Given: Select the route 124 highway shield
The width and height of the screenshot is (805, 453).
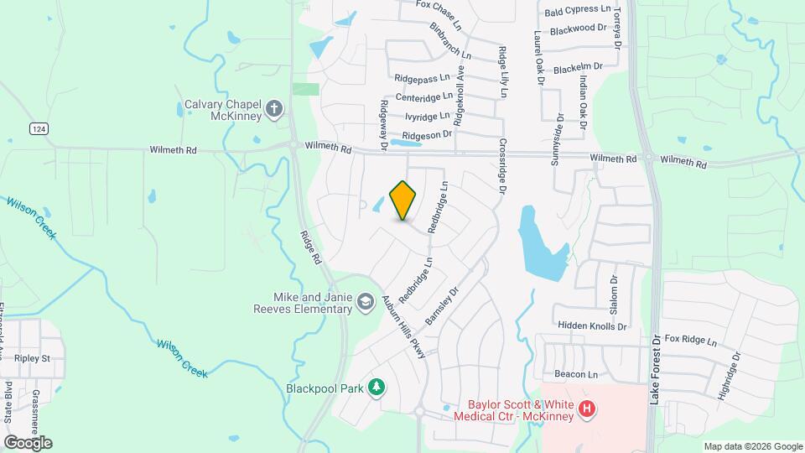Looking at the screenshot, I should pyautogui.click(x=37, y=128).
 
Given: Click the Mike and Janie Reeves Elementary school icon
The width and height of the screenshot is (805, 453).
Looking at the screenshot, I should pyautogui.click(x=365, y=300).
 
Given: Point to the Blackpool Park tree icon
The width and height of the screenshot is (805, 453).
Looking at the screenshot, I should pyautogui.click(x=377, y=387).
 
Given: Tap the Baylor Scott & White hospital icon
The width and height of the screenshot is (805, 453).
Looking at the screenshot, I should pyautogui.click(x=588, y=409).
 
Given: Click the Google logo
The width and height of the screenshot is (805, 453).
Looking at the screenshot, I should pyautogui.click(x=28, y=442).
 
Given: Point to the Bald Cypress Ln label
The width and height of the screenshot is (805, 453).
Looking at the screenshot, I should pyautogui.click(x=578, y=10).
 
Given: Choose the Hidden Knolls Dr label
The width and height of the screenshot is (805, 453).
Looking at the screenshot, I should pyautogui.click(x=590, y=325).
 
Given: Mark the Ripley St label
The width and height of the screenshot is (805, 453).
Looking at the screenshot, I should pyautogui.click(x=33, y=358).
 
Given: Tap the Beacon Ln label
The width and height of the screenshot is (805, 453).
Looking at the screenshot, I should pyautogui.click(x=575, y=374).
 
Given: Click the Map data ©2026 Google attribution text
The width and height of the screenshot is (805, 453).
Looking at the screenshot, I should pyautogui.click(x=752, y=446).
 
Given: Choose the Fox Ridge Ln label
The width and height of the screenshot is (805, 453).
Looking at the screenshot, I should pyautogui.click(x=691, y=341).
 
